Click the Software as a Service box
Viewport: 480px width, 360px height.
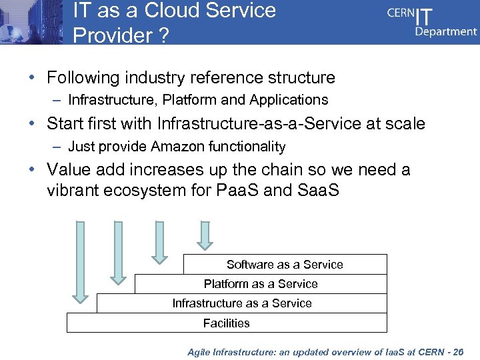pos(285,265)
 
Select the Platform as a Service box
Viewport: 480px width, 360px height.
pos(261,284)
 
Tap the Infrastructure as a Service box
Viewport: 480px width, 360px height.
pos(241,303)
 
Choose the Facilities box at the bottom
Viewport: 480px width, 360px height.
pos(227,323)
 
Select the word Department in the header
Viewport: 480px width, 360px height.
pos(446,31)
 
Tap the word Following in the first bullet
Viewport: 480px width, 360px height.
pos(83,78)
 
